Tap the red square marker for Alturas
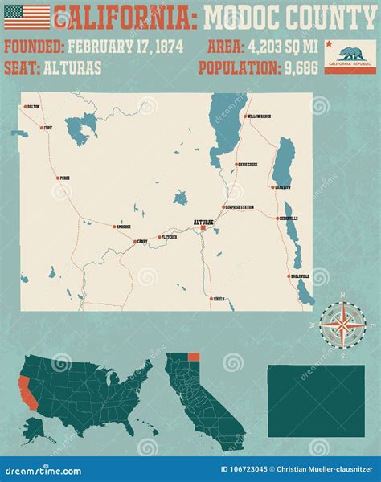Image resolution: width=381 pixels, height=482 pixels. pyautogui.click(x=203, y=228)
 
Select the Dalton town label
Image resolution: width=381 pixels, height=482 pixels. pyautogui.click(x=33, y=106)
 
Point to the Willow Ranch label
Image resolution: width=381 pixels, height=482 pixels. pyautogui.click(x=260, y=116)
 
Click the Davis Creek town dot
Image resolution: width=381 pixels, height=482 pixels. pyautogui.click(x=234, y=164)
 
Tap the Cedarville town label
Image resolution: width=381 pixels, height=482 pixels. pyautogui.click(x=289, y=218)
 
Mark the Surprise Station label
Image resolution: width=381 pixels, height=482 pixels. pyautogui.click(x=240, y=207)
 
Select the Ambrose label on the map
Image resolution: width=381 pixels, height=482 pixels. pyautogui.click(x=124, y=227)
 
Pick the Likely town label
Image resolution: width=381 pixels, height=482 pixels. pyautogui.click(x=219, y=298)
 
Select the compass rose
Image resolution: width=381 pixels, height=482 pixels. pyautogui.click(x=342, y=324)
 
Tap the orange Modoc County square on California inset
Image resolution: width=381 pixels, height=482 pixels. pyautogui.click(x=193, y=357)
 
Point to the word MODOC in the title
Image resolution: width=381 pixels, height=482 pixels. pyautogui.click(x=242, y=16)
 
